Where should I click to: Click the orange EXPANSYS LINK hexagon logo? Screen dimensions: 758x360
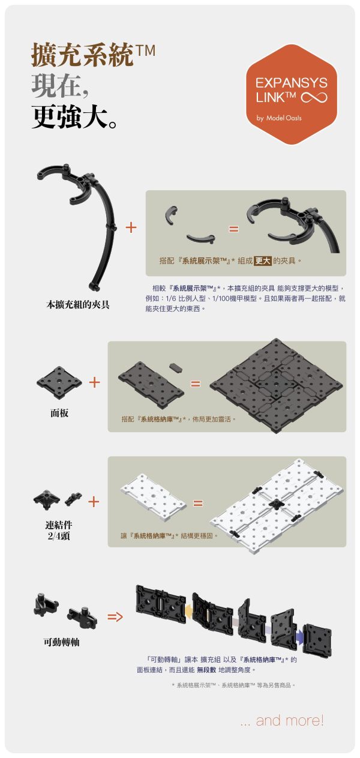pyautogui.click(x=292, y=93)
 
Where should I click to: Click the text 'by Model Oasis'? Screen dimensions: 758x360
pyautogui.click(x=279, y=118)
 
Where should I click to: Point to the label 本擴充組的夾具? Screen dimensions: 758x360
pyautogui.click(x=78, y=304)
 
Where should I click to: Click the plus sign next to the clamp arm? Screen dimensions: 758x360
pyautogui.click(x=131, y=227)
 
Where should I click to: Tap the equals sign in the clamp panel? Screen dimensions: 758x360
pyautogui.click(x=233, y=229)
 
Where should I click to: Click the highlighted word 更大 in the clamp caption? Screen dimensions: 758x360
pyautogui.click(x=263, y=261)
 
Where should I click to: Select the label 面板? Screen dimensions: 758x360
pyautogui.click(x=59, y=414)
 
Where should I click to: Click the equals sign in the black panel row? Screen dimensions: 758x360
pyautogui.click(x=195, y=383)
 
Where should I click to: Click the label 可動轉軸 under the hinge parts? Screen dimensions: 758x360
pyautogui.click(x=61, y=642)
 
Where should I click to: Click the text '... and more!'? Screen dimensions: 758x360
pyautogui.click(x=282, y=720)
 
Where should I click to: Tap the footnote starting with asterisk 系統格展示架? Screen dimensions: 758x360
pyautogui.click(x=233, y=685)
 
